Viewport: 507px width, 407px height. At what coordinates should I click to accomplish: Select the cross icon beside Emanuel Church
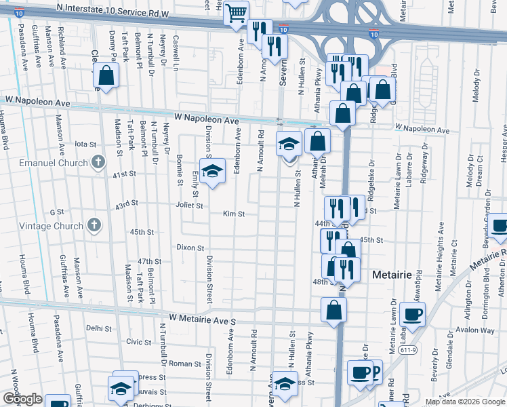[x=98, y=161]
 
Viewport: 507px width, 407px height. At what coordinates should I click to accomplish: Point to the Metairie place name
[x=394, y=275]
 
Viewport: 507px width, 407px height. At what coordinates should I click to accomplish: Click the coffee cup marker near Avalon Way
[x=412, y=314]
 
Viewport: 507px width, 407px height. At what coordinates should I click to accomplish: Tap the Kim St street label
[x=234, y=214]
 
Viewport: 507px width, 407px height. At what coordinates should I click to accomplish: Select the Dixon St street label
[x=190, y=248]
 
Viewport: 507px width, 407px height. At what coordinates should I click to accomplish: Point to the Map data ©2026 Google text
[x=465, y=402]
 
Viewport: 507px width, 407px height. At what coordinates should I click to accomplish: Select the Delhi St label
[x=99, y=328]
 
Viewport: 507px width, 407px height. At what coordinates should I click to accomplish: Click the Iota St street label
[x=86, y=144]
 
